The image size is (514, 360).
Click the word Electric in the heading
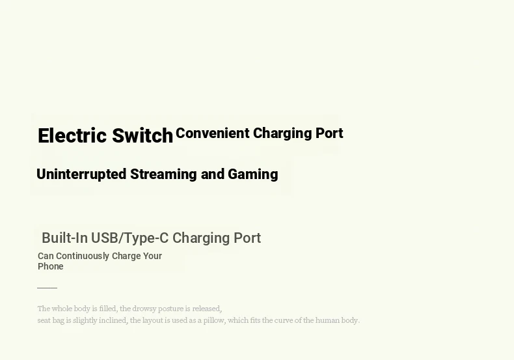click(x=72, y=135)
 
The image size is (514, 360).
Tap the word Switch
click(x=142, y=135)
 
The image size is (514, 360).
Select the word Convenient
click(x=212, y=133)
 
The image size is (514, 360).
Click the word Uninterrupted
click(x=81, y=174)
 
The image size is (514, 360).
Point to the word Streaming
click(x=163, y=174)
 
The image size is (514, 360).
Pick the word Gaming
click(x=252, y=174)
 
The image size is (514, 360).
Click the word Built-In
click(x=64, y=238)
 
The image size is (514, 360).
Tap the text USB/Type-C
click(x=129, y=238)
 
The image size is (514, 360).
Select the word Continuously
click(x=83, y=256)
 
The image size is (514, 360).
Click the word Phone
click(x=51, y=266)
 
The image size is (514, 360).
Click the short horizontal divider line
click(x=47, y=288)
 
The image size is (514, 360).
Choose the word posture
click(x=170, y=309)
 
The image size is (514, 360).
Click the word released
click(x=207, y=309)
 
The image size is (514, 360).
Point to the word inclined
click(x=113, y=320)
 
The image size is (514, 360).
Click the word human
click(x=327, y=320)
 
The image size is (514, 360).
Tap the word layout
click(x=152, y=320)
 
